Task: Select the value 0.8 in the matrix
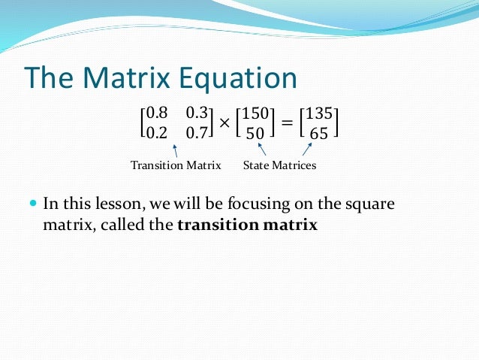[x=157, y=113]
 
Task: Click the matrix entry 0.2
[x=157, y=134]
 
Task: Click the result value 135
[x=319, y=113]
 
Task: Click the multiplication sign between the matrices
[x=224, y=123]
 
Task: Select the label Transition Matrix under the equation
[x=176, y=165]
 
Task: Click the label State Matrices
[x=279, y=165]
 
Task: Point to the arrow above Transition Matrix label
[x=175, y=150]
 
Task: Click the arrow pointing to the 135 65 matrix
[x=307, y=150]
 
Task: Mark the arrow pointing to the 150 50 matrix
[x=262, y=150]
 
